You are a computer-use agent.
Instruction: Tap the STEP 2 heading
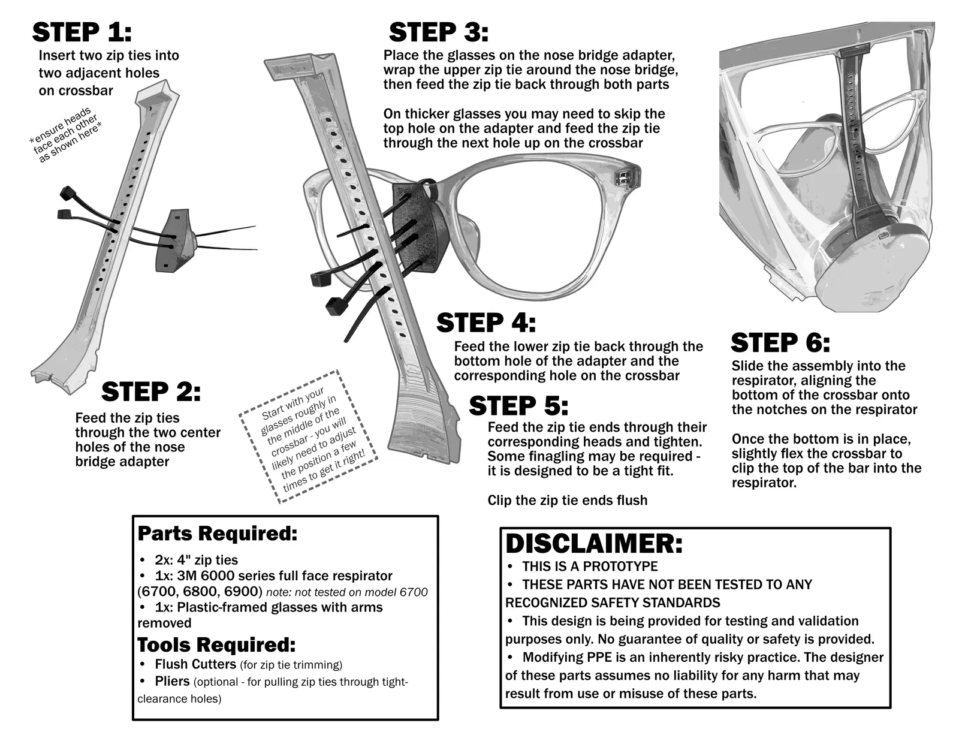click(151, 392)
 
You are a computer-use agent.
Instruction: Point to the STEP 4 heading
click(485, 323)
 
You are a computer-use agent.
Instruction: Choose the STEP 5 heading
click(518, 406)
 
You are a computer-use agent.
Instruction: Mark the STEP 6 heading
click(780, 343)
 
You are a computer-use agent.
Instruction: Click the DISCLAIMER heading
click(593, 543)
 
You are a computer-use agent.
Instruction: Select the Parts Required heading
click(217, 533)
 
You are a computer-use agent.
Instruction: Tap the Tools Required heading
click(216, 645)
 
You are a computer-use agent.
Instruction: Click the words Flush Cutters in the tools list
click(195, 664)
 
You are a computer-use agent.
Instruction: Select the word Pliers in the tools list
click(172, 682)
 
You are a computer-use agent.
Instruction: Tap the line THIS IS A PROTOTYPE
click(590, 567)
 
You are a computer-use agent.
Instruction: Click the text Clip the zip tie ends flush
click(567, 500)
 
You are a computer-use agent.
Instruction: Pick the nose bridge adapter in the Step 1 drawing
click(176, 239)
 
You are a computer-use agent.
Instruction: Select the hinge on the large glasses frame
click(624, 177)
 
